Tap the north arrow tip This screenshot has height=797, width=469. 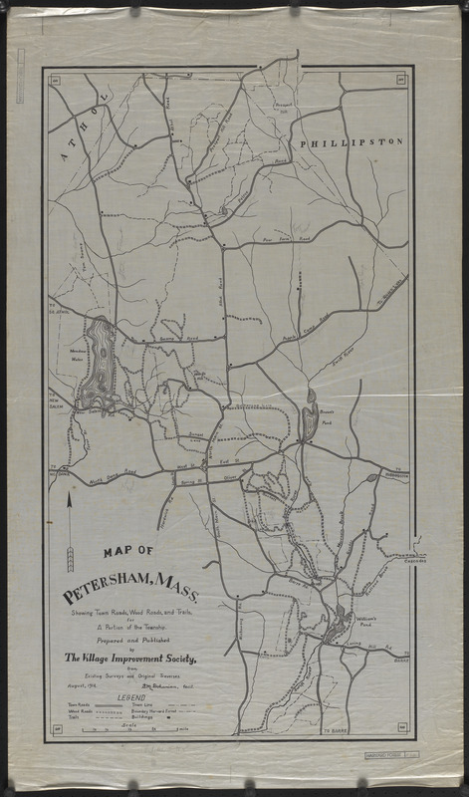tap(70, 499)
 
